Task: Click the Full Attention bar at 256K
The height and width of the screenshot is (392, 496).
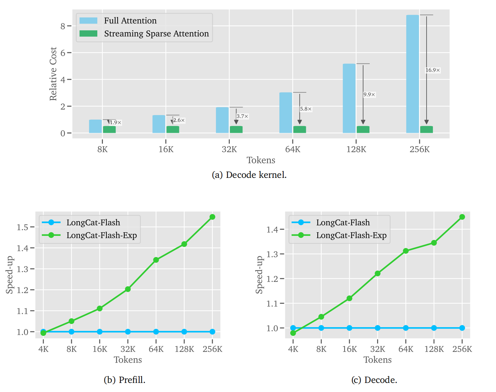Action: tap(412, 74)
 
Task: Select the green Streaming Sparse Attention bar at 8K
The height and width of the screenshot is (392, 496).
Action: tap(109, 129)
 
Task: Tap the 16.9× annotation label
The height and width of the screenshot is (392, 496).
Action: tap(433, 70)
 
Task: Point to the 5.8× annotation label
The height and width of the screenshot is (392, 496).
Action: tap(306, 109)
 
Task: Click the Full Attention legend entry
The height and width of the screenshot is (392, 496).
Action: tap(130, 21)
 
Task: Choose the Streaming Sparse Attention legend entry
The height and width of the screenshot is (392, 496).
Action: tap(156, 33)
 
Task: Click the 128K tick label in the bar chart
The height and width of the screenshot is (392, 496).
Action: tap(356, 149)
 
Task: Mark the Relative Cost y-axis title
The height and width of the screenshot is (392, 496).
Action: tap(53, 74)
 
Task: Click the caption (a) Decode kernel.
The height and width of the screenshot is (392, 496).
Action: tap(249, 175)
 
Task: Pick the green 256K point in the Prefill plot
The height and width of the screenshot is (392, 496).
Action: tap(212, 217)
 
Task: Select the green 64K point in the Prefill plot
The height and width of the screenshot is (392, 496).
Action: tap(156, 260)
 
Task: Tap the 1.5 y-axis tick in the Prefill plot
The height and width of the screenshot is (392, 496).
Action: tap(23, 227)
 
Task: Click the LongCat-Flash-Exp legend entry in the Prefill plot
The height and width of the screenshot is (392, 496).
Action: tap(102, 235)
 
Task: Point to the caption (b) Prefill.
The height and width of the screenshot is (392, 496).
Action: tap(125, 380)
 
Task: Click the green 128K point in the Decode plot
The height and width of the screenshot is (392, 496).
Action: tap(434, 243)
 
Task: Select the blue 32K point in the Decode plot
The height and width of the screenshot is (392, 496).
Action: tap(377, 328)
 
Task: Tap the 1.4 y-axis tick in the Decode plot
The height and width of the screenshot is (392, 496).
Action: tap(272, 229)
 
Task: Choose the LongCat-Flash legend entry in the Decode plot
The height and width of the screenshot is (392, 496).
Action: tap(343, 223)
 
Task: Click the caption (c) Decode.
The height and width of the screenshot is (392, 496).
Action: tap(374, 380)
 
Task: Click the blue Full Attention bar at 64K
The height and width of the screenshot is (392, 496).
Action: tap(286, 113)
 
